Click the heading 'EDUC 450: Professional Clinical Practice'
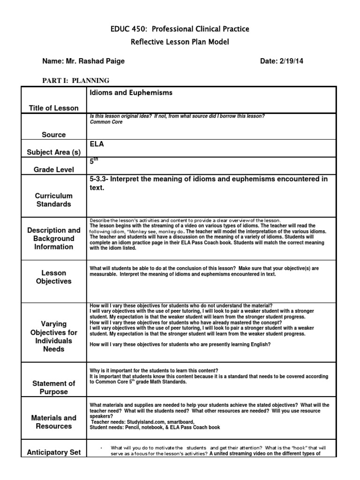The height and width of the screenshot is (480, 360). [x=180, y=29]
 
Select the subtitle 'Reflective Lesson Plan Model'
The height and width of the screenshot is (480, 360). [x=180, y=43]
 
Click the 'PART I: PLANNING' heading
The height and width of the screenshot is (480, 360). [x=76, y=81]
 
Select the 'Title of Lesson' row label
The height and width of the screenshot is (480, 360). [x=54, y=108]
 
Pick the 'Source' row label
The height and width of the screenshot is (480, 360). [x=54, y=135]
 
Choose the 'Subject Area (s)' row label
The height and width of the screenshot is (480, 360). [x=54, y=152]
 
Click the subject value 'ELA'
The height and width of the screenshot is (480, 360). [x=97, y=144]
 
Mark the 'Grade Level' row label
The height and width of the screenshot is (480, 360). [x=54, y=169]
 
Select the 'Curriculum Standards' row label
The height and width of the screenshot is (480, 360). [x=54, y=200]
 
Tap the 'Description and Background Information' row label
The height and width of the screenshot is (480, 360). [x=54, y=239]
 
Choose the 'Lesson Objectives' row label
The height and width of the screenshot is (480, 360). [x=54, y=277]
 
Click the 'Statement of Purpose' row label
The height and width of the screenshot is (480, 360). [x=54, y=388]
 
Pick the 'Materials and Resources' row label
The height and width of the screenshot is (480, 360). [x=54, y=422]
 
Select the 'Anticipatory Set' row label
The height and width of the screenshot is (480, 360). [x=54, y=452]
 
